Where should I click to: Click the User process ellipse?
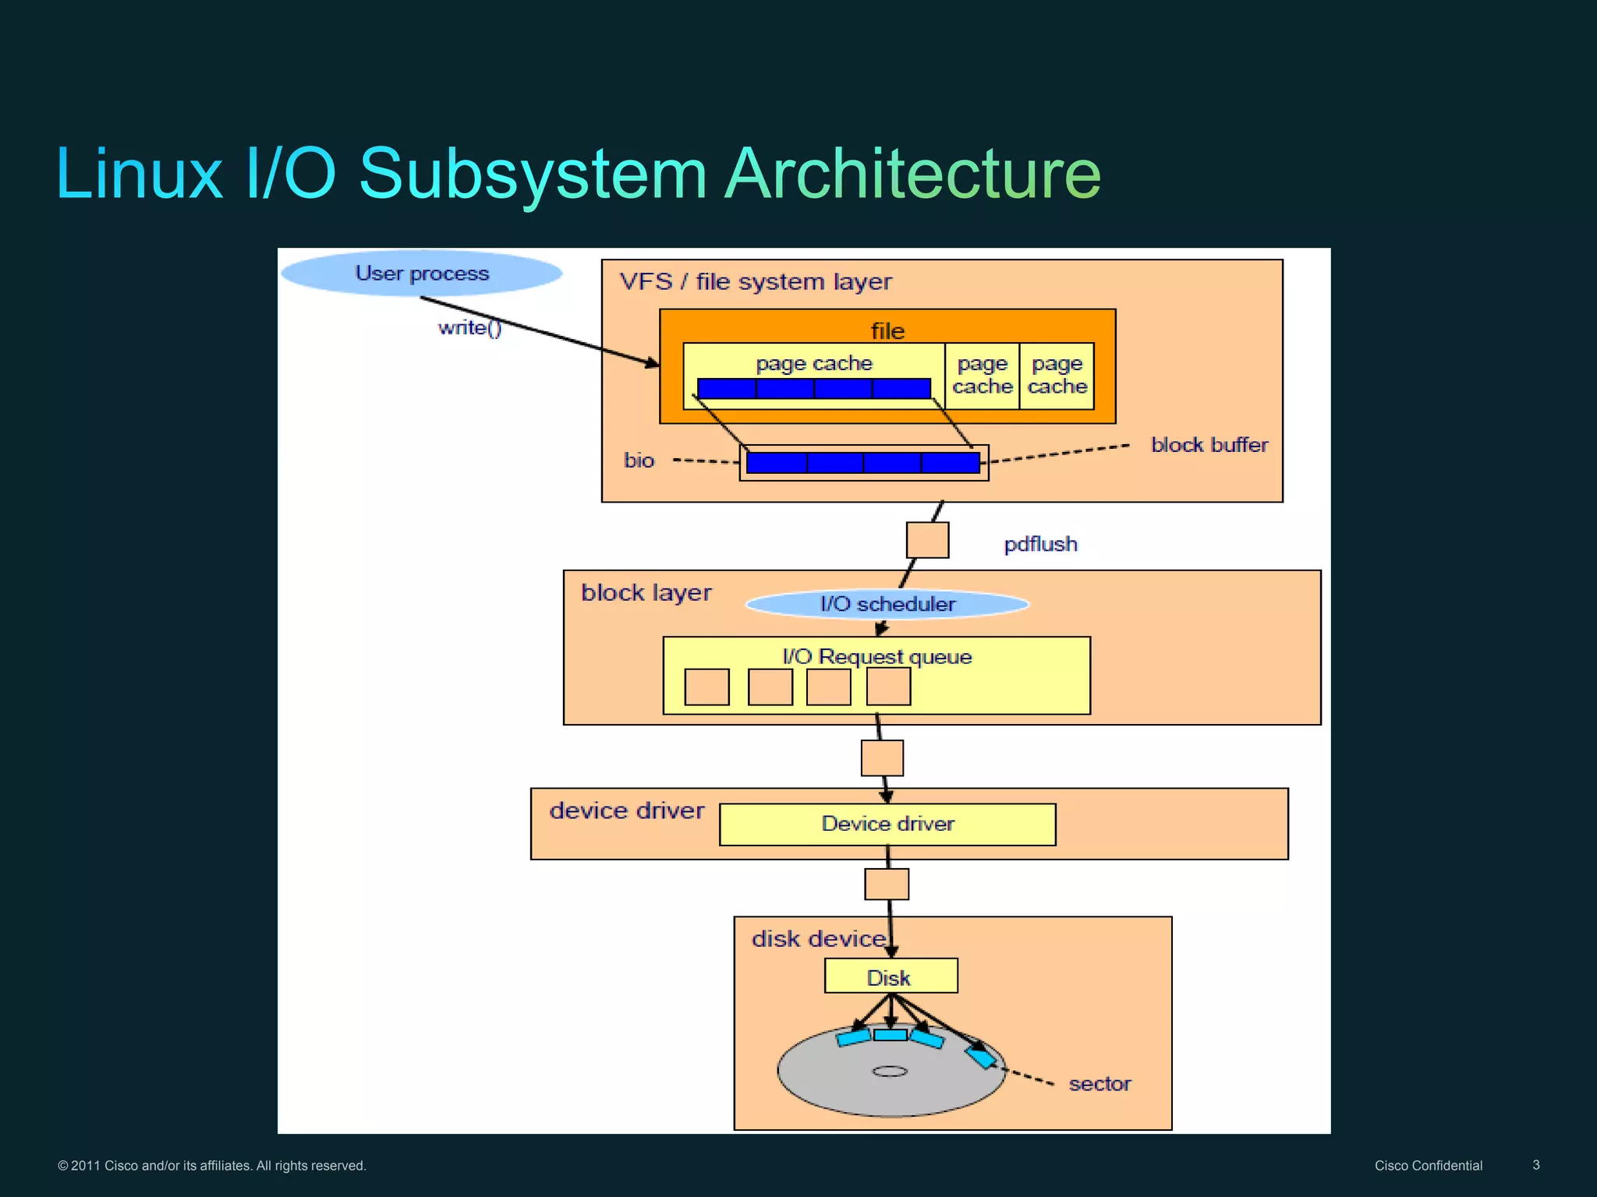(x=421, y=273)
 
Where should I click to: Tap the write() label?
(x=469, y=328)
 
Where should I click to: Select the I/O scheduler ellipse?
(x=887, y=604)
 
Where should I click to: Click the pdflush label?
(x=1040, y=544)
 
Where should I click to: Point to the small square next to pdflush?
(x=927, y=540)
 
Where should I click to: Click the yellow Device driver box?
(x=887, y=824)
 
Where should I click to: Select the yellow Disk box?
(x=891, y=976)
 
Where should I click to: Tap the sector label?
(x=1099, y=1084)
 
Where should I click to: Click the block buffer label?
(x=1209, y=445)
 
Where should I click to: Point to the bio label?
(x=639, y=461)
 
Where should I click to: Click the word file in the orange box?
(x=887, y=331)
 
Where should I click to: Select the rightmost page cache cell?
(x=1057, y=376)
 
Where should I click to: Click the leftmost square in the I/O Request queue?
(x=706, y=687)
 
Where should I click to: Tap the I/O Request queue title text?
(x=877, y=657)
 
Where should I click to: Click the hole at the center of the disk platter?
(x=890, y=1072)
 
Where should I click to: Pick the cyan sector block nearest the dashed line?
(x=981, y=1058)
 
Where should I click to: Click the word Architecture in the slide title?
(x=912, y=173)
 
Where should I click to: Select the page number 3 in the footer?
(x=1535, y=1165)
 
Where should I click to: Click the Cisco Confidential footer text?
(x=1428, y=1166)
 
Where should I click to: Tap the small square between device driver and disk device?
(x=887, y=885)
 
